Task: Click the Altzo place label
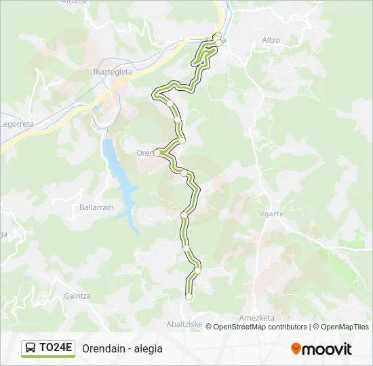pos(271,40)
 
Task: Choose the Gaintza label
pos(77,296)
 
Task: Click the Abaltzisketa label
pos(184,324)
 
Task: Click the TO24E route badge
pos(47,348)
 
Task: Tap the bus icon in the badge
pos(31,348)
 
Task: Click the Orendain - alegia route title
pos(122,348)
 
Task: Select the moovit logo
pos(321,349)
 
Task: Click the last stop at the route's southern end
pos(189,296)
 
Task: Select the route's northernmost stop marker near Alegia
pos(218,37)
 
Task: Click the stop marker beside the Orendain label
pos(157,153)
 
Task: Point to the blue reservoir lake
pos(119,170)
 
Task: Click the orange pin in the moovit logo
pos(296,349)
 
